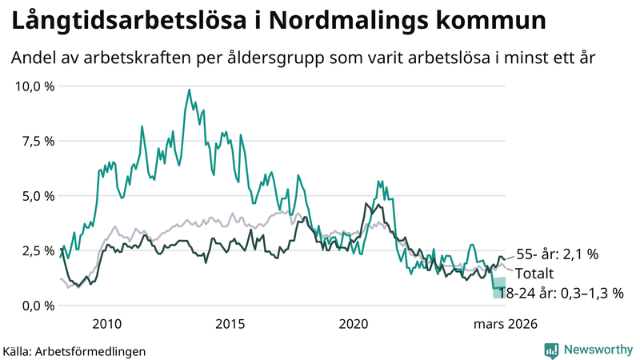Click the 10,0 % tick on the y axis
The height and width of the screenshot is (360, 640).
(x=34, y=86)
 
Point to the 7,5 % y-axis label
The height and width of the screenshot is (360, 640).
(x=37, y=141)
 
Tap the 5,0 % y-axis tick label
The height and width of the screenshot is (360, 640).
(x=37, y=196)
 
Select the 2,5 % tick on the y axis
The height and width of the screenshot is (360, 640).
(x=37, y=251)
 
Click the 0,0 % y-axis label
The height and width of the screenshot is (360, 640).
(x=37, y=306)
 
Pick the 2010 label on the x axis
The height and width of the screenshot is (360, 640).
(x=106, y=324)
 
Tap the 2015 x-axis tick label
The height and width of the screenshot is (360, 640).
(x=230, y=324)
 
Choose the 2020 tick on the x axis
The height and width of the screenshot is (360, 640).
(x=354, y=324)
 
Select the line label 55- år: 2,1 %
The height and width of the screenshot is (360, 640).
(x=557, y=254)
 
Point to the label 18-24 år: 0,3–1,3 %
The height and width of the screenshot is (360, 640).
(x=560, y=293)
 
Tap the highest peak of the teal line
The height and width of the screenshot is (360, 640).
(x=189, y=90)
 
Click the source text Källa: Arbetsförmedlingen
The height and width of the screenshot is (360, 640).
(x=74, y=350)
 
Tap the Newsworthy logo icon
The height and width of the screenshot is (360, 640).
(x=551, y=350)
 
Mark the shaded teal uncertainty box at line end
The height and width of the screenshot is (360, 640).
(x=499, y=287)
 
